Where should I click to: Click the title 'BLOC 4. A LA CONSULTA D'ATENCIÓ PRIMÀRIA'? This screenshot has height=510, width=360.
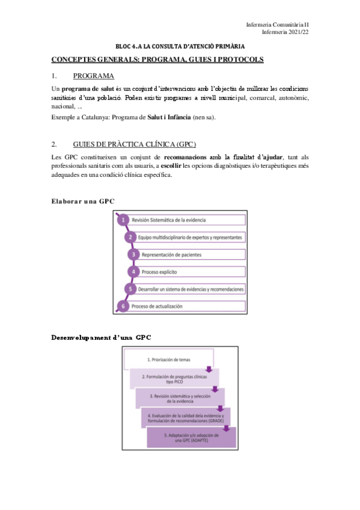pyautogui.click(x=180, y=46)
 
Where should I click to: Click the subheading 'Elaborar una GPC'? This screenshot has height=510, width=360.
pyautogui.click(x=83, y=201)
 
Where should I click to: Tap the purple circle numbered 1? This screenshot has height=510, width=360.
pyautogui.click(x=123, y=220)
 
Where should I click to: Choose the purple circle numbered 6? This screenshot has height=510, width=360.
pyautogui.click(x=123, y=306)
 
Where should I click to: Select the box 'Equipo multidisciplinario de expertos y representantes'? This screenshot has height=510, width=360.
pyautogui.click(x=191, y=238)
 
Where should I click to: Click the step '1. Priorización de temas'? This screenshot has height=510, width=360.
pyautogui.click(x=168, y=360)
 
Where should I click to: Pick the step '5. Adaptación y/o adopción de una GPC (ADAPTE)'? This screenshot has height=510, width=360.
pyautogui.click(x=191, y=437)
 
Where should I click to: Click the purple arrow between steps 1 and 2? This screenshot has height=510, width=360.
pyautogui.click(x=209, y=369)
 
